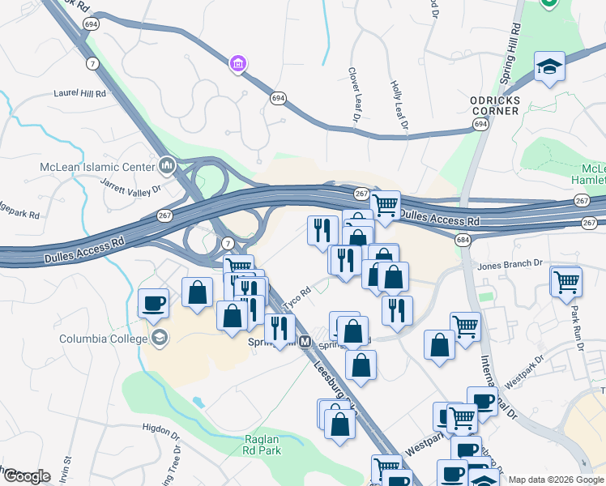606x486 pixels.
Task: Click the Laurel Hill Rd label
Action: (x=80, y=94)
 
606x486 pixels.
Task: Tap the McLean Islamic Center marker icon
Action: (x=168, y=166)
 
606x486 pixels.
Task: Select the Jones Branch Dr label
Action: (x=510, y=264)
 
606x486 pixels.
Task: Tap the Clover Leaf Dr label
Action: (x=354, y=96)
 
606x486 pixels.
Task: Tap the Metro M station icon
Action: (x=305, y=342)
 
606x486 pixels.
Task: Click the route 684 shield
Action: (x=463, y=241)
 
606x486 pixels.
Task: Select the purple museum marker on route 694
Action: (x=238, y=63)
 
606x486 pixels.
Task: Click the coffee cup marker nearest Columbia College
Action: (x=153, y=304)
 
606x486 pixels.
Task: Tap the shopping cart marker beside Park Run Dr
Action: (x=565, y=281)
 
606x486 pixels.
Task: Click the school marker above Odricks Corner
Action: (x=549, y=66)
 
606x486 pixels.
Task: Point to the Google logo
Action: (x=26, y=476)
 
